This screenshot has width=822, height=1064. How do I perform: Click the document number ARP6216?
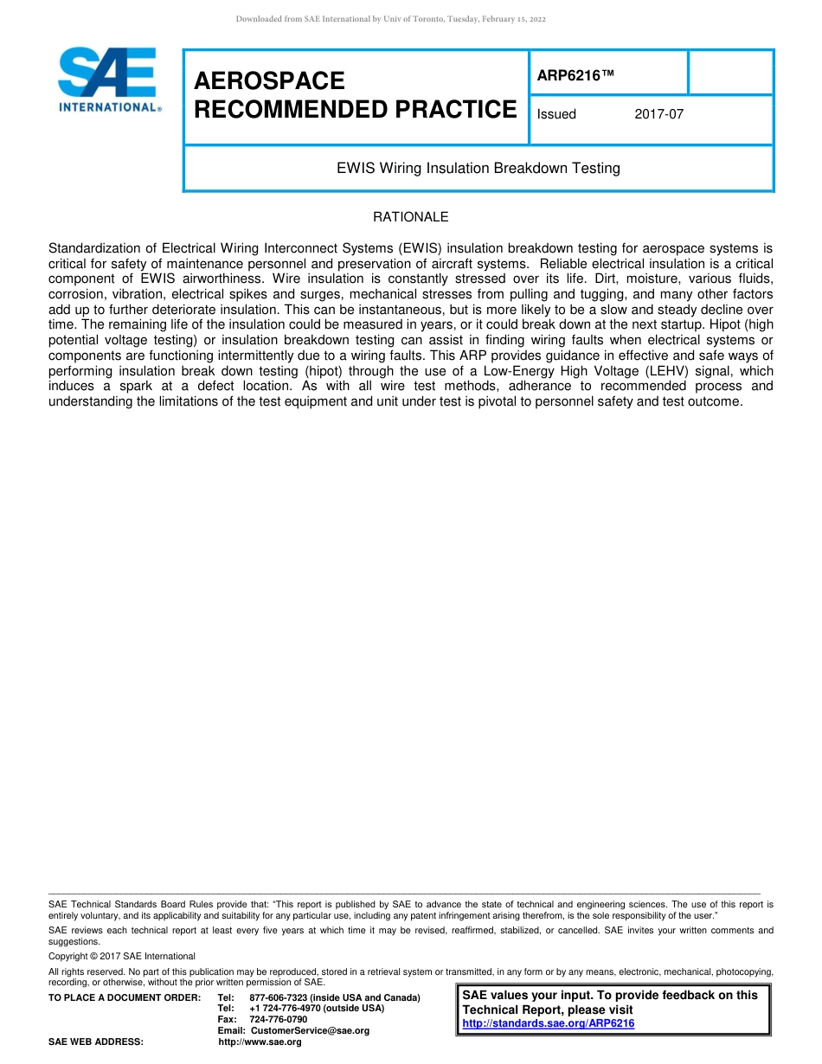(575, 76)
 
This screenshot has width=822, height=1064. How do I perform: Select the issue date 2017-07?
(658, 113)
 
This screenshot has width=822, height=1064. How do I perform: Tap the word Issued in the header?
(556, 113)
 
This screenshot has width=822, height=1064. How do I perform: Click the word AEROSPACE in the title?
(269, 80)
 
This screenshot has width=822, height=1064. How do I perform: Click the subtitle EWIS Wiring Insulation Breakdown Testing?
(478, 168)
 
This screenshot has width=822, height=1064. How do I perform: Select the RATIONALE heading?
(410, 217)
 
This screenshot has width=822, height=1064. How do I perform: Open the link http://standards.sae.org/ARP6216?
(549, 1023)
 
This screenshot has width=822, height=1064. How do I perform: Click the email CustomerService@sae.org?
(310, 1030)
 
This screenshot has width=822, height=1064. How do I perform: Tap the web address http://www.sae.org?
(260, 1042)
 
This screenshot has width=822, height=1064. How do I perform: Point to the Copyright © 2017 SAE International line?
(122, 956)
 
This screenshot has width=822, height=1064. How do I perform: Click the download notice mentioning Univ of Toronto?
(391, 19)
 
